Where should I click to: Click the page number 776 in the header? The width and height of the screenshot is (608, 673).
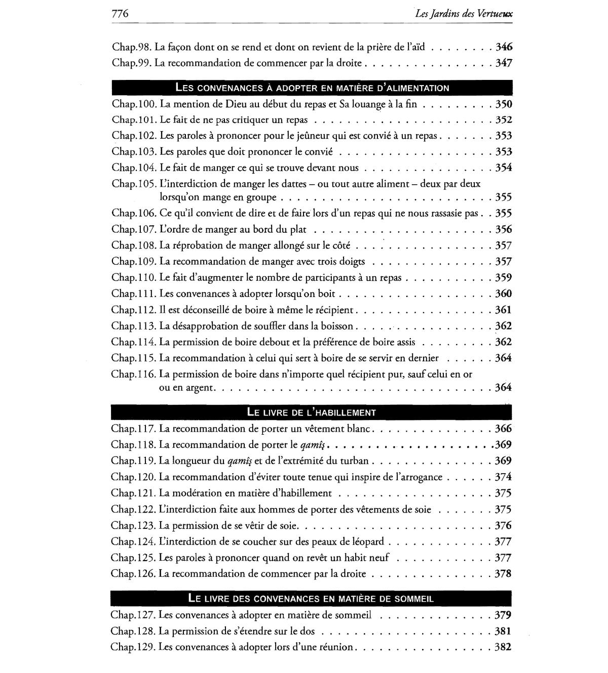point(120,14)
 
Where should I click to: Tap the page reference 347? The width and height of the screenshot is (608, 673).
point(504,63)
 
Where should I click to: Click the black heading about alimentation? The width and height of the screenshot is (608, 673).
point(312,88)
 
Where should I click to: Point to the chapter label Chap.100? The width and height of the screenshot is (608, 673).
point(134,105)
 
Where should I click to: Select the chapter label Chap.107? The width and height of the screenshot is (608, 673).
point(134,230)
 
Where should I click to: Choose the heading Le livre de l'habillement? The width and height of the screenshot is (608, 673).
point(312,412)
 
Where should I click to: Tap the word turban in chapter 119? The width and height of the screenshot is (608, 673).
point(354,461)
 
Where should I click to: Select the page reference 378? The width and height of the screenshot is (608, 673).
point(504,574)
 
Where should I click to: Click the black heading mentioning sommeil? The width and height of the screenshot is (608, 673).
point(311,598)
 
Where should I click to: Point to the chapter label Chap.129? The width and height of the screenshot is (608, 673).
point(133,647)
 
